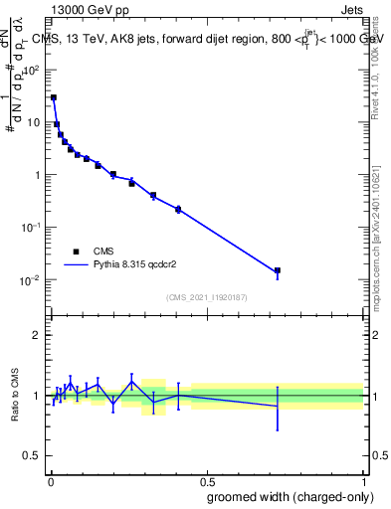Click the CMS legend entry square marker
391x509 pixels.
[76, 252]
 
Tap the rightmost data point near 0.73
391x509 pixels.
[278, 270]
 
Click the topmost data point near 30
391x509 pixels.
[54, 97]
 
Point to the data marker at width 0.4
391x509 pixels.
[178, 209]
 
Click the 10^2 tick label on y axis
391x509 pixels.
[33, 71]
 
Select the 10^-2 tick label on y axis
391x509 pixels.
[32, 279]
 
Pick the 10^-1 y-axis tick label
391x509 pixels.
[32, 227]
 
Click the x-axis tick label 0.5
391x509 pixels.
[206, 478]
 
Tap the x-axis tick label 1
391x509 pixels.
[363, 478]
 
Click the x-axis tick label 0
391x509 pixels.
[50, 478]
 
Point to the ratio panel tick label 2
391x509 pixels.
[37, 335]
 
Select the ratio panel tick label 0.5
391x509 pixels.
[33, 456]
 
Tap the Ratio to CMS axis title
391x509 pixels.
[15, 396]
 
